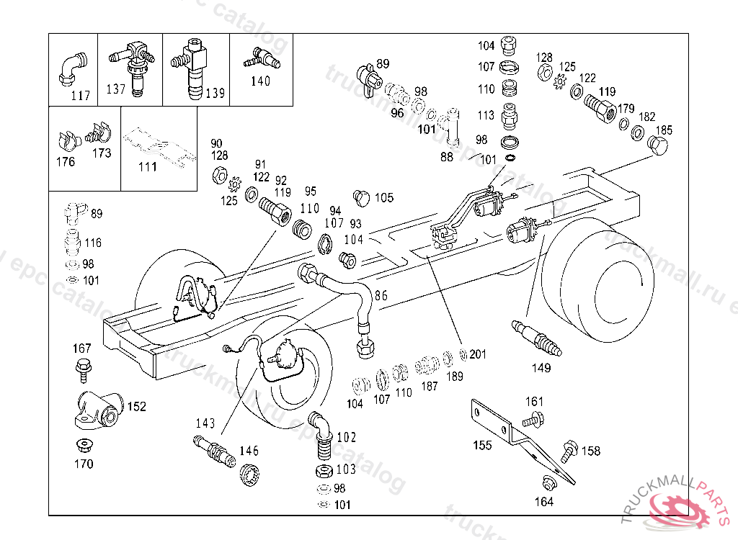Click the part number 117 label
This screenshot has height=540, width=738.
[80, 95]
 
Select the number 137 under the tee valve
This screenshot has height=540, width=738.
[115, 89]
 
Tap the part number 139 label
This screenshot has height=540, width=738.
[215, 93]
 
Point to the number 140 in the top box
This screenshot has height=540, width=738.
[260, 81]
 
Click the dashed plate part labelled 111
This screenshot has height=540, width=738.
[159, 148]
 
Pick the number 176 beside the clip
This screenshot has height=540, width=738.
[65, 161]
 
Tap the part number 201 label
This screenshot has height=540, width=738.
[479, 354]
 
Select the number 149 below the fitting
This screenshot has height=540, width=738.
[541, 368]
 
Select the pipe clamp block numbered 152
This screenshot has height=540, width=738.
[98, 410]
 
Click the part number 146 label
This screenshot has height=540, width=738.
[249, 451]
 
